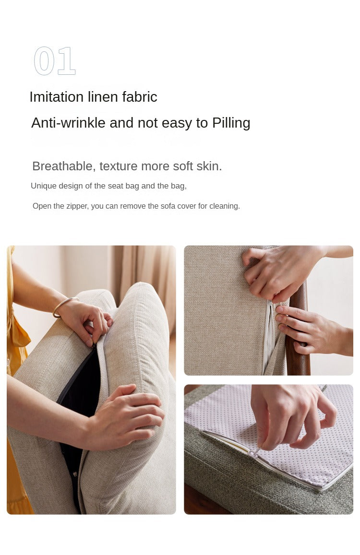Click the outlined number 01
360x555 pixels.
pos(55,61)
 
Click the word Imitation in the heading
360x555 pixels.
pos(56,96)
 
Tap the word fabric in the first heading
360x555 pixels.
pos(140,96)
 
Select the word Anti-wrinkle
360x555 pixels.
pos(68,123)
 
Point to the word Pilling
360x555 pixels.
pos(231,123)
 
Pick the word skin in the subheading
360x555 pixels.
pos(209,166)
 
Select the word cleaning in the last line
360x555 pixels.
pos(225,206)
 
